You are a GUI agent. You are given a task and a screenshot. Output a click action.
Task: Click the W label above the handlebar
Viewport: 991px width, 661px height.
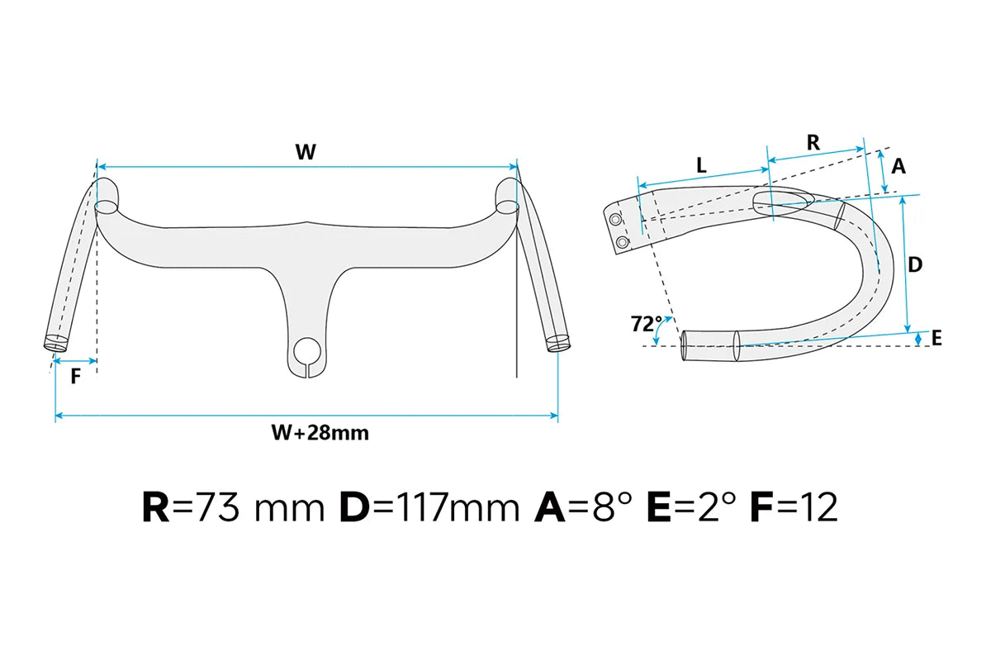click(x=306, y=152)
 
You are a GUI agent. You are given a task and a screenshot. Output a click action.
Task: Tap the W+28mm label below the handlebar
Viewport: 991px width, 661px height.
click(x=320, y=433)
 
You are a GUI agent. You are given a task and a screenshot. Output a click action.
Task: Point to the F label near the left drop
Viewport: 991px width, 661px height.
click(x=76, y=377)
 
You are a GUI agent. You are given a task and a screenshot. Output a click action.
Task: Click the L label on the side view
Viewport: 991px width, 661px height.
click(x=701, y=165)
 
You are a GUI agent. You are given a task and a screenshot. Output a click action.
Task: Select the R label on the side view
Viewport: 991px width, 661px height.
click(x=813, y=143)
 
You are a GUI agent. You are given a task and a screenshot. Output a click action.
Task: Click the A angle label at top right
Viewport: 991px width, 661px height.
click(x=899, y=166)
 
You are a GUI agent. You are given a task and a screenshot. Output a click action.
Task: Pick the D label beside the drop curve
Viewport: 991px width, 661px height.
click(x=915, y=264)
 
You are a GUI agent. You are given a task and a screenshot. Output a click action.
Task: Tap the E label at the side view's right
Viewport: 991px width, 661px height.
click(x=936, y=338)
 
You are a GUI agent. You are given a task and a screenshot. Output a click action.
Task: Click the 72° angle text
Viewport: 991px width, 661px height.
click(x=647, y=324)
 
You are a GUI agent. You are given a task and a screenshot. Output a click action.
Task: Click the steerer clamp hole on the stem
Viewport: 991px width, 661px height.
click(x=307, y=350)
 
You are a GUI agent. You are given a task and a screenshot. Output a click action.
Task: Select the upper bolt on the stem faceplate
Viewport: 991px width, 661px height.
click(x=615, y=219)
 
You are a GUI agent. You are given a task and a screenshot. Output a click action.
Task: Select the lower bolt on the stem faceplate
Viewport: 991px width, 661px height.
click(x=622, y=242)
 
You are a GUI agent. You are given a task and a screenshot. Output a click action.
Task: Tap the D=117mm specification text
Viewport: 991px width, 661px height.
click(x=429, y=508)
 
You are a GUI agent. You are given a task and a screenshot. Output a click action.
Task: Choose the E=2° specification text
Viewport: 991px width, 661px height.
click(x=691, y=508)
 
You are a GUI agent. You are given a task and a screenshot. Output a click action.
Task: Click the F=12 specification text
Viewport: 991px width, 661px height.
click(x=794, y=508)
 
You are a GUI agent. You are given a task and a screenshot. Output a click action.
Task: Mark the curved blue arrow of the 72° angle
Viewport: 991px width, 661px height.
click(x=660, y=328)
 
